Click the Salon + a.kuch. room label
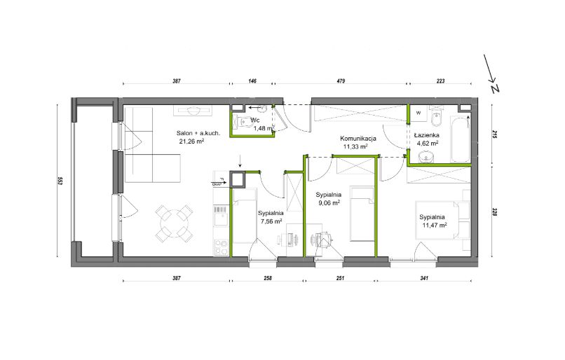[198, 133]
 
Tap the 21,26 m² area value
[191, 141]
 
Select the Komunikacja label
[358, 138]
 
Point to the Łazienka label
[427, 135]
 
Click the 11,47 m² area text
[435, 226]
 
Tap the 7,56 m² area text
[271, 221]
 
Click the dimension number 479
[341, 81]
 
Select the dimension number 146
[252, 81]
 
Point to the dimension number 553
[60, 181]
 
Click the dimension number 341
[424, 278]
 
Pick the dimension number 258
[268, 278]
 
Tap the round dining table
[173, 223]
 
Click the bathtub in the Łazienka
[460, 138]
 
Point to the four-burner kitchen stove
[222, 248]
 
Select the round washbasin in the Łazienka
[426, 157]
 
